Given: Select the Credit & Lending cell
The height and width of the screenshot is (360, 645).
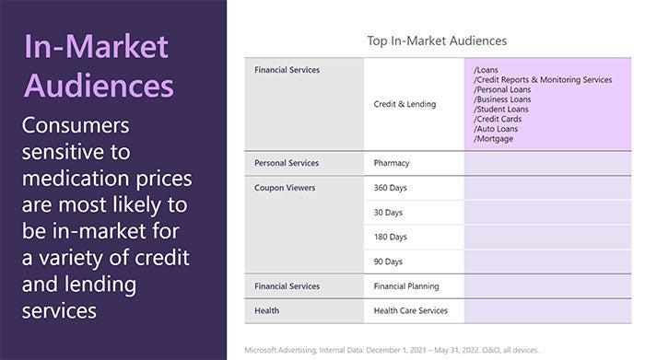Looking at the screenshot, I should [405, 104].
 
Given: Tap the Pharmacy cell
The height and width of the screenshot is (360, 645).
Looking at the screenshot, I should [392, 163].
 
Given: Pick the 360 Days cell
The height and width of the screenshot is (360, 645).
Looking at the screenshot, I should [391, 188].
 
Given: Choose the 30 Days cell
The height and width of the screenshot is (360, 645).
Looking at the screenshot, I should [389, 213].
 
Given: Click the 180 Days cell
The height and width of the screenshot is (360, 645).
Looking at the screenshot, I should [391, 237].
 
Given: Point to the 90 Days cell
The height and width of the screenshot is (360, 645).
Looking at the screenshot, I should [389, 261].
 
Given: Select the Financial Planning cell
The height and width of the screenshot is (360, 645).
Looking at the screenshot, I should [406, 286].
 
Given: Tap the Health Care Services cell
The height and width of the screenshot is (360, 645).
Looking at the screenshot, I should [411, 310].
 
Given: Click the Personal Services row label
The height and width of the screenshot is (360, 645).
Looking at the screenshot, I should [287, 163].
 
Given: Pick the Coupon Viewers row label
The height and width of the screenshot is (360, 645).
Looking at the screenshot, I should [285, 188].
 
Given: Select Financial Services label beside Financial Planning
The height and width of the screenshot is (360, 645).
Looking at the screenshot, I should [287, 286].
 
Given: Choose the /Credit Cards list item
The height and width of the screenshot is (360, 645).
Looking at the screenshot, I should [498, 120].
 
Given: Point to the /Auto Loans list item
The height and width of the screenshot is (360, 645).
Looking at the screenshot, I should [497, 129].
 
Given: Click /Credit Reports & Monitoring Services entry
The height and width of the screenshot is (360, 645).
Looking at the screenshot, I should [543, 80].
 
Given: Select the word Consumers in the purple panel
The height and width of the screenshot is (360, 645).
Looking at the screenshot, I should [76, 125].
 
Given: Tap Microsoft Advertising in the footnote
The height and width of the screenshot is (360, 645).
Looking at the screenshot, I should [281, 351].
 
